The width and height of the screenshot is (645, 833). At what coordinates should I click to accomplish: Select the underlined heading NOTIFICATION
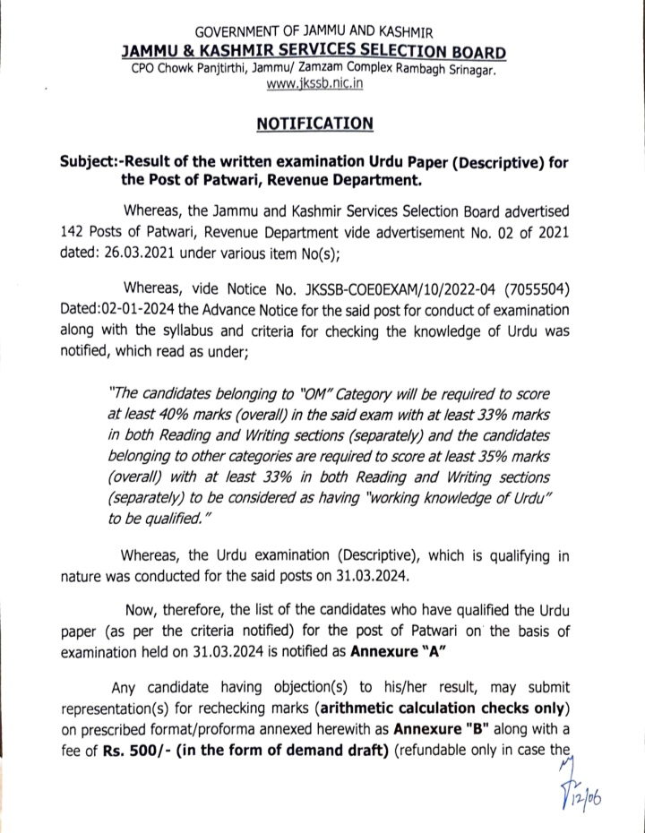322,123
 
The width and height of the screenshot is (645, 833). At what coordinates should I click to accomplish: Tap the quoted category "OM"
271,395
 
